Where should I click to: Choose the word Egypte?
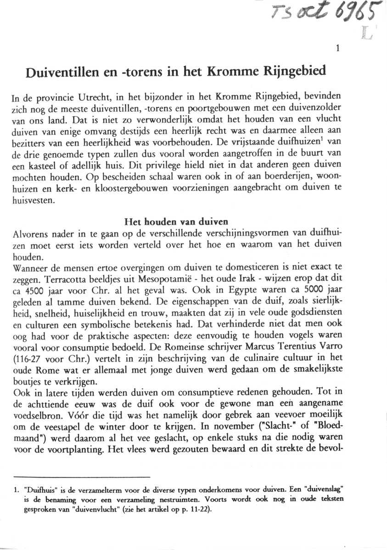click(x=229, y=289)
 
